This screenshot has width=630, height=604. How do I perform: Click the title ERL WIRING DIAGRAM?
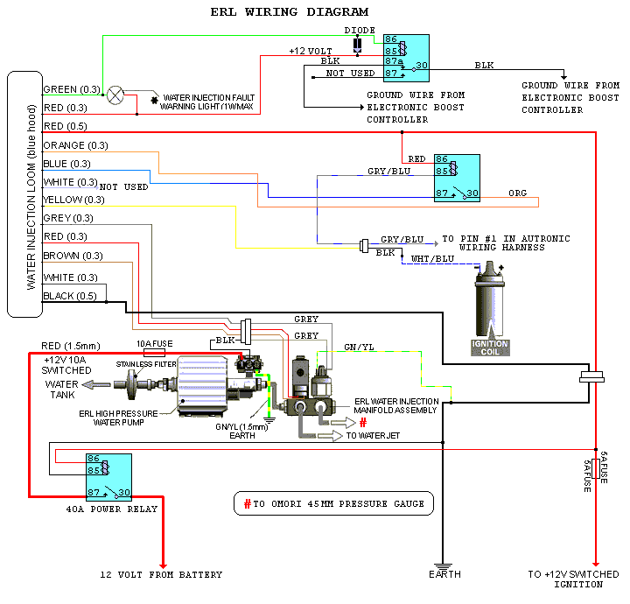click(290, 11)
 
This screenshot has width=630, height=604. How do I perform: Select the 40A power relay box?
click(108, 476)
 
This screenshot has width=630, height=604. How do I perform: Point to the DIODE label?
click(359, 30)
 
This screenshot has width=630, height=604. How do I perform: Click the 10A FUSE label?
click(153, 343)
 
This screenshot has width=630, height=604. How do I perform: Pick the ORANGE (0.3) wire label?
click(75, 145)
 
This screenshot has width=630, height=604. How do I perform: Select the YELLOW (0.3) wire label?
click(73, 200)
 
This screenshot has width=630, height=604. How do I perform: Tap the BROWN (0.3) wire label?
click(73, 256)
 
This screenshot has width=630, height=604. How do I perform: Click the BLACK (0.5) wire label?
click(71, 296)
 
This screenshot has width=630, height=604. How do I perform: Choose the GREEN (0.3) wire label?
click(72, 89)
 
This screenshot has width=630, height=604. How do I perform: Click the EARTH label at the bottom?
click(444, 575)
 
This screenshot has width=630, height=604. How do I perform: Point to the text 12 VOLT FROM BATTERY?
click(161, 575)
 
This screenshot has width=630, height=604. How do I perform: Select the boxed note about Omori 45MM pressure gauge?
click(333, 503)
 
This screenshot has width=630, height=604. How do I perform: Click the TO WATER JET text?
click(375, 434)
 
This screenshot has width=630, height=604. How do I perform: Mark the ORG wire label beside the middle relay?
click(518, 193)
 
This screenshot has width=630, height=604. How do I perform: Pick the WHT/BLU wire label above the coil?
click(432, 259)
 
